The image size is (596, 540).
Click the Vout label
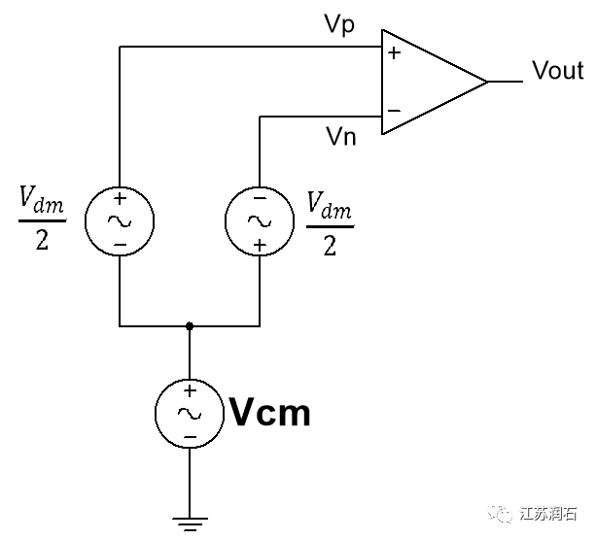[557, 71]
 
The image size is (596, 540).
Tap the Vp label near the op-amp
[339, 26]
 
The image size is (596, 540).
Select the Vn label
[340, 136]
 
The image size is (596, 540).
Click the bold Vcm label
[269, 414]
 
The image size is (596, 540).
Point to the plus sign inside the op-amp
[394, 54]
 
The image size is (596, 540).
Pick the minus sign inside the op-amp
[394, 110]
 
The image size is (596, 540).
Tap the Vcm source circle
[189, 413]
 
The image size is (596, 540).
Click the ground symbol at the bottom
[189, 525]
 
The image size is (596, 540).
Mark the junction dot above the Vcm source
[190, 326]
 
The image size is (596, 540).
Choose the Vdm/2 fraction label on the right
[330, 222]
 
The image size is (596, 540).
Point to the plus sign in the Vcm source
[189, 390]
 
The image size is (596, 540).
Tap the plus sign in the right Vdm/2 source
[260, 243]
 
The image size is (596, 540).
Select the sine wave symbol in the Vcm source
[189, 413]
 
